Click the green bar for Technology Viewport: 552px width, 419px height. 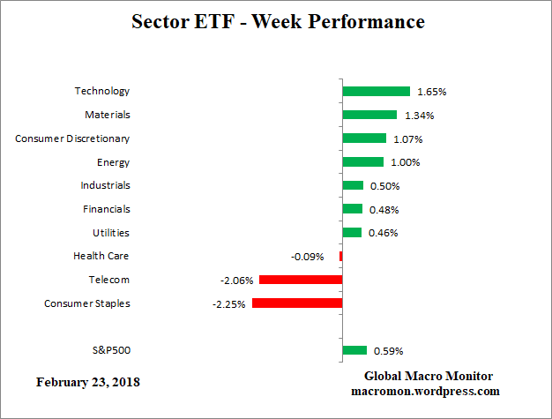pyautogui.click(x=376, y=91)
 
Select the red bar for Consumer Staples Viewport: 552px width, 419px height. pyautogui.click(x=296, y=303)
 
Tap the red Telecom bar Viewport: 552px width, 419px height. pyautogui.click(x=300, y=280)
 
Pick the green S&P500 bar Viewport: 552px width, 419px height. pyautogui.click(x=354, y=350)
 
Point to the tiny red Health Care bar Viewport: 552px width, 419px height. pyautogui.click(x=340, y=256)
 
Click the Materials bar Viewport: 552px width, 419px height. pyautogui.click(x=369, y=115)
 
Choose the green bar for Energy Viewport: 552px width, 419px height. pyautogui.click(x=362, y=161)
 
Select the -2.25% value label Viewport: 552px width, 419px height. pyautogui.click(x=230, y=304)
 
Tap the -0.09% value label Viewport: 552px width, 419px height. pyautogui.click(x=307, y=257)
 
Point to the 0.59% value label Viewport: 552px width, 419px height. pyautogui.click(x=386, y=351)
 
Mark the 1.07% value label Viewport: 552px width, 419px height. pyautogui.click(x=407, y=138)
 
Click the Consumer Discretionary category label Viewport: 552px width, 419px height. pyautogui.click(x=72, y=138)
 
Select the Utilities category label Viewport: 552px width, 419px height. pyautogui.click(x=110, y=233)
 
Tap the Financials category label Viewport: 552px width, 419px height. pyautogui.click(x=106, y=209)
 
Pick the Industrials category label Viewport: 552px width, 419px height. pyautogui.click(x=105, y=185)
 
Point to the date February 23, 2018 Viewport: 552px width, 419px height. pyautogui.click(x=87, y=383)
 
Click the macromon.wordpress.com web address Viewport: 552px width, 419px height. pyautogui.click(x=425, y=391)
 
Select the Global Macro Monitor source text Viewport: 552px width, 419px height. pyautogui.click(x=425, y=376)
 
